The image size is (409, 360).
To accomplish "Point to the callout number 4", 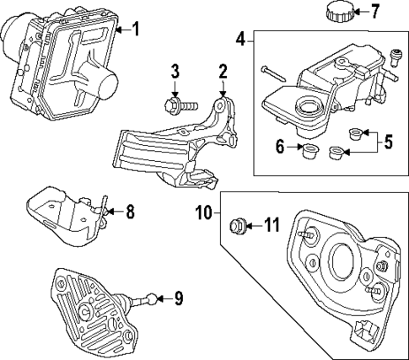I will (x=240, y=38).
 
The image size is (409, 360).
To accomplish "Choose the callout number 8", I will (x=130, y=212).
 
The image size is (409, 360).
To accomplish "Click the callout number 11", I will (x=270, y=225).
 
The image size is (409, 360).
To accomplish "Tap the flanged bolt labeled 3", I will (x=175, y=106).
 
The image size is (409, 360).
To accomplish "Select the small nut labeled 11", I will (x=239, y=225).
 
